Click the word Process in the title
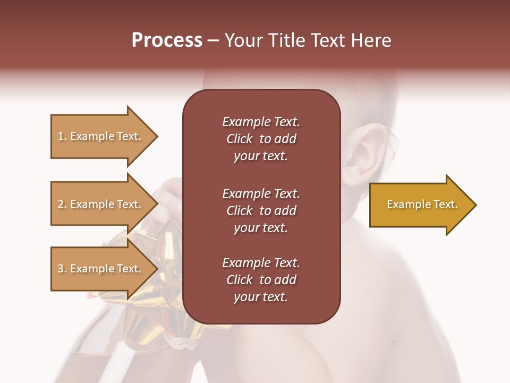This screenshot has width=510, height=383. point(167,40)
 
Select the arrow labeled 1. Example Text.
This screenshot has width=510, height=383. point(101,136)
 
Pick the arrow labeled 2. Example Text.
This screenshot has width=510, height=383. point(101,204)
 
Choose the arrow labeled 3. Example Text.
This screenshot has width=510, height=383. point(101,269)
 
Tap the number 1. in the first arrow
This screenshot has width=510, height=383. point(62,136)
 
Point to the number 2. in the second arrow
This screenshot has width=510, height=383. point(62,204)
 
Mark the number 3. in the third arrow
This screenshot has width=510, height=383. point(62,269)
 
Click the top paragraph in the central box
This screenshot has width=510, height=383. point(261,139)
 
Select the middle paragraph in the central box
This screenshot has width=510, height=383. point(261,211)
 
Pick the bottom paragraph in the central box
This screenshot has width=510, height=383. point(261,280)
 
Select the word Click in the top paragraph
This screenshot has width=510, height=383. point(240,139)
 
